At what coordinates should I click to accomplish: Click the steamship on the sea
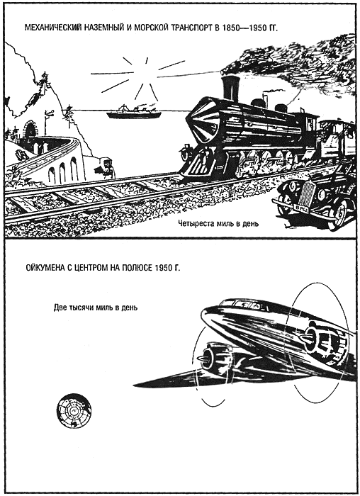pyautogui.click(x=134, y=112)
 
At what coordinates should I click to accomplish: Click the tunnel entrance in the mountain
pyautogui.click(x=30, y=130)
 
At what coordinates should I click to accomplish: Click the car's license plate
pyautogui.click(x=300, y=208)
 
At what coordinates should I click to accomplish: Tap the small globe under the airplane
pyautogui.click(x=74, y=411)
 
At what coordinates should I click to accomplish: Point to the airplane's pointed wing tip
pyautogui.click(x=134, y=385)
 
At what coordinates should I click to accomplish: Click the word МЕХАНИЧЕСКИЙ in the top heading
pyautogui.click(x=52, y=28)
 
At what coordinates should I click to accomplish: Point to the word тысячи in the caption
pyautogui.click(x=82, y=308)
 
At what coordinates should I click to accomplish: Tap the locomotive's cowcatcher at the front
pyautogui.click(x=195, y=164)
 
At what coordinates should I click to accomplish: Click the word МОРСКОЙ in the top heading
pyautogui.click(x=152, y=28)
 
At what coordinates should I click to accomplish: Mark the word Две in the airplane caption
pyautogui.click(x=60, y=308)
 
